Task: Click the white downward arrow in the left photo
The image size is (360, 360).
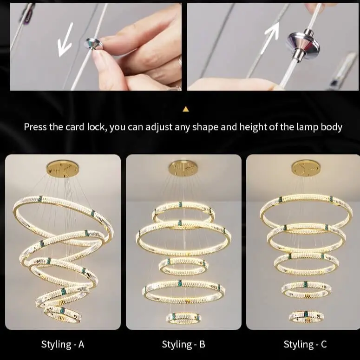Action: (65, 39)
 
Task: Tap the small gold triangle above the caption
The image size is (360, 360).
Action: (186, 109)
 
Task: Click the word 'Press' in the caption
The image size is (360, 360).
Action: (35, 127)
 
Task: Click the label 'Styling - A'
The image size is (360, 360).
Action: (63, 344)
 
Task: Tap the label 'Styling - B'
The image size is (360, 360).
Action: (183, 344)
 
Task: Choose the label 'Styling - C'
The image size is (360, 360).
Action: (305, 344)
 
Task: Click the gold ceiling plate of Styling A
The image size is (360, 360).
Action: (62, 169)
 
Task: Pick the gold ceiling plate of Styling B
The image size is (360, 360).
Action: (183, 169)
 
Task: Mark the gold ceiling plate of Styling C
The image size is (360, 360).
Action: (306, 168)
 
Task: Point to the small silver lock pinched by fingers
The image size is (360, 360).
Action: (93, 44)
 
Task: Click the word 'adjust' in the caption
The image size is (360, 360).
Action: (159, 127)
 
